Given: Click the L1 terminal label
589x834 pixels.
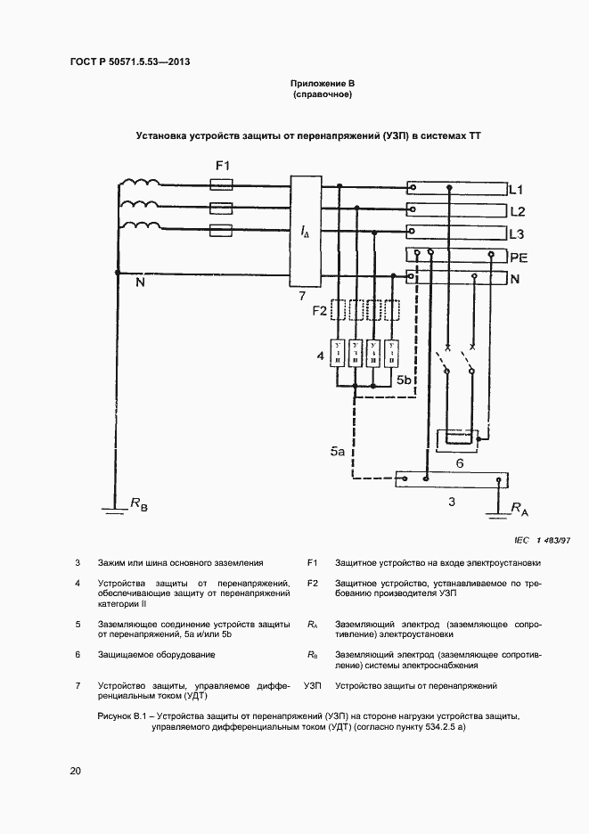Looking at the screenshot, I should click(516, 190).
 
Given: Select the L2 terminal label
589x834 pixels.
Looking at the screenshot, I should click(516, 212).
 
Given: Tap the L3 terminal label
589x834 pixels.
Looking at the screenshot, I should click(516, 234).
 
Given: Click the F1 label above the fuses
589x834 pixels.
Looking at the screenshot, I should click(224, 167).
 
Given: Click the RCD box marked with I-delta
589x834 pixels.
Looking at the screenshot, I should click(304, 231).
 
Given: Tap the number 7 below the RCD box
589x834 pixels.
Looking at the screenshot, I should click(303, 295).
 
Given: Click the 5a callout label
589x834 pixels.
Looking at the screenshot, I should click(337, 453).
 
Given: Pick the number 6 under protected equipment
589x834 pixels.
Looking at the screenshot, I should click(459, 463).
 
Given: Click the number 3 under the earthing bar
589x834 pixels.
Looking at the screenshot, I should click(452, 503).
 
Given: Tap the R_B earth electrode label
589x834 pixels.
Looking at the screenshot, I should click(139, 505).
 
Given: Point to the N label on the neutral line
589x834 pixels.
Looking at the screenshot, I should click(140, 284).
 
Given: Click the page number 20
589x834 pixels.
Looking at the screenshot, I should click(75, 771).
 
